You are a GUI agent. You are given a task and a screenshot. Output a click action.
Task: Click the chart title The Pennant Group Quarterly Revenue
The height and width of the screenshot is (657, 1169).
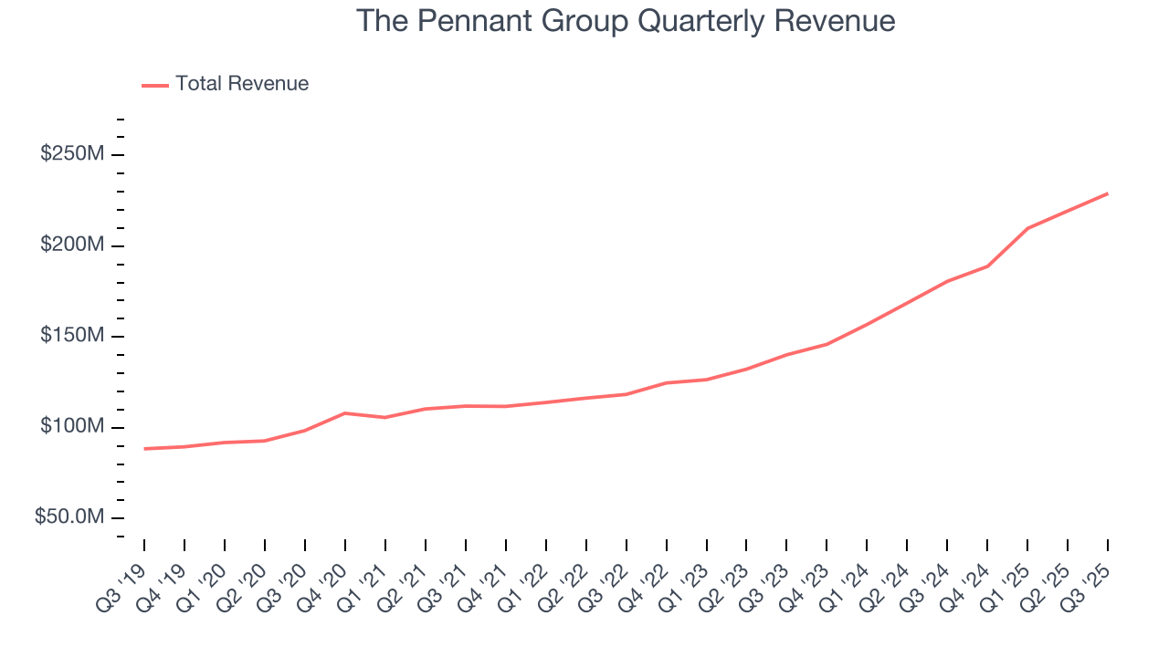click(626, 21)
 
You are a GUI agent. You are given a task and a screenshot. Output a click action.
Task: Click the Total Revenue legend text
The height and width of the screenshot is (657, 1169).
click(242, 84)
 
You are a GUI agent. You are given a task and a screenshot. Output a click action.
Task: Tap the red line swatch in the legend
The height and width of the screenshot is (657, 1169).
click(155, 85)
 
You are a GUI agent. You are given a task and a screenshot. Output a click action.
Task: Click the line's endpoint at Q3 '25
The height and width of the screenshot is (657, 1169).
click(1108, 193)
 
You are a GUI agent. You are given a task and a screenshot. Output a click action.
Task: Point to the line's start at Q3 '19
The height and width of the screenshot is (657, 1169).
click(144, 449)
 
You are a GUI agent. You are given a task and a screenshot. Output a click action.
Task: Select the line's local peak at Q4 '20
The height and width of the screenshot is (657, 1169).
click(345, 413)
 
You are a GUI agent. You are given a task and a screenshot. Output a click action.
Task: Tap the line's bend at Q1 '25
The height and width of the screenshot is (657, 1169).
click(1027, 228)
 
